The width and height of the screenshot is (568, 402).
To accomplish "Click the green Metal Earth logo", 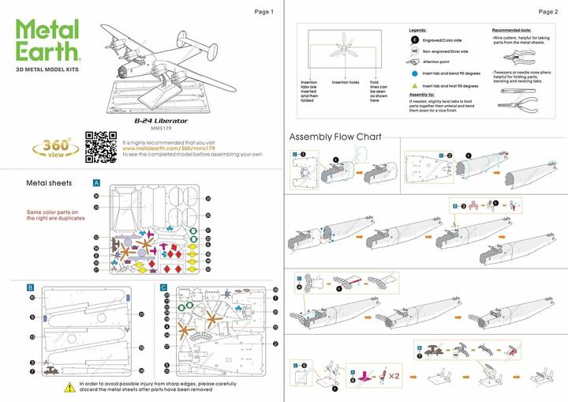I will coord(48,40).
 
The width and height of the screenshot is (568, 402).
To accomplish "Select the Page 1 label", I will coord(263,12).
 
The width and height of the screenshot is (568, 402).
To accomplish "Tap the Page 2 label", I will coord(547,12).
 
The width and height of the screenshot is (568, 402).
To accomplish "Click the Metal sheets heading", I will coord(50,182).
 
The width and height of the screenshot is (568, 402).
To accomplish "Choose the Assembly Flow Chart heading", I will coord(335,137).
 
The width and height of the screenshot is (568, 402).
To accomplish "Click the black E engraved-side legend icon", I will coord(413,39).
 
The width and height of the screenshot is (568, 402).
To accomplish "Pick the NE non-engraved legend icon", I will coord(413,50).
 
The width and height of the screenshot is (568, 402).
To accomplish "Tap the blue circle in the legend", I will coord(413,72).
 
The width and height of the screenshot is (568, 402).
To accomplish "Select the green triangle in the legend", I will coord(413,85).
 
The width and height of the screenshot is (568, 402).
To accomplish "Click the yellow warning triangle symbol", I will coord(71,387).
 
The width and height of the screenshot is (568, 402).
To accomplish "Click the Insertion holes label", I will coord(345,82).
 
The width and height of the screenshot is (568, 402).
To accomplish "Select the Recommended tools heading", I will coord(517,29).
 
